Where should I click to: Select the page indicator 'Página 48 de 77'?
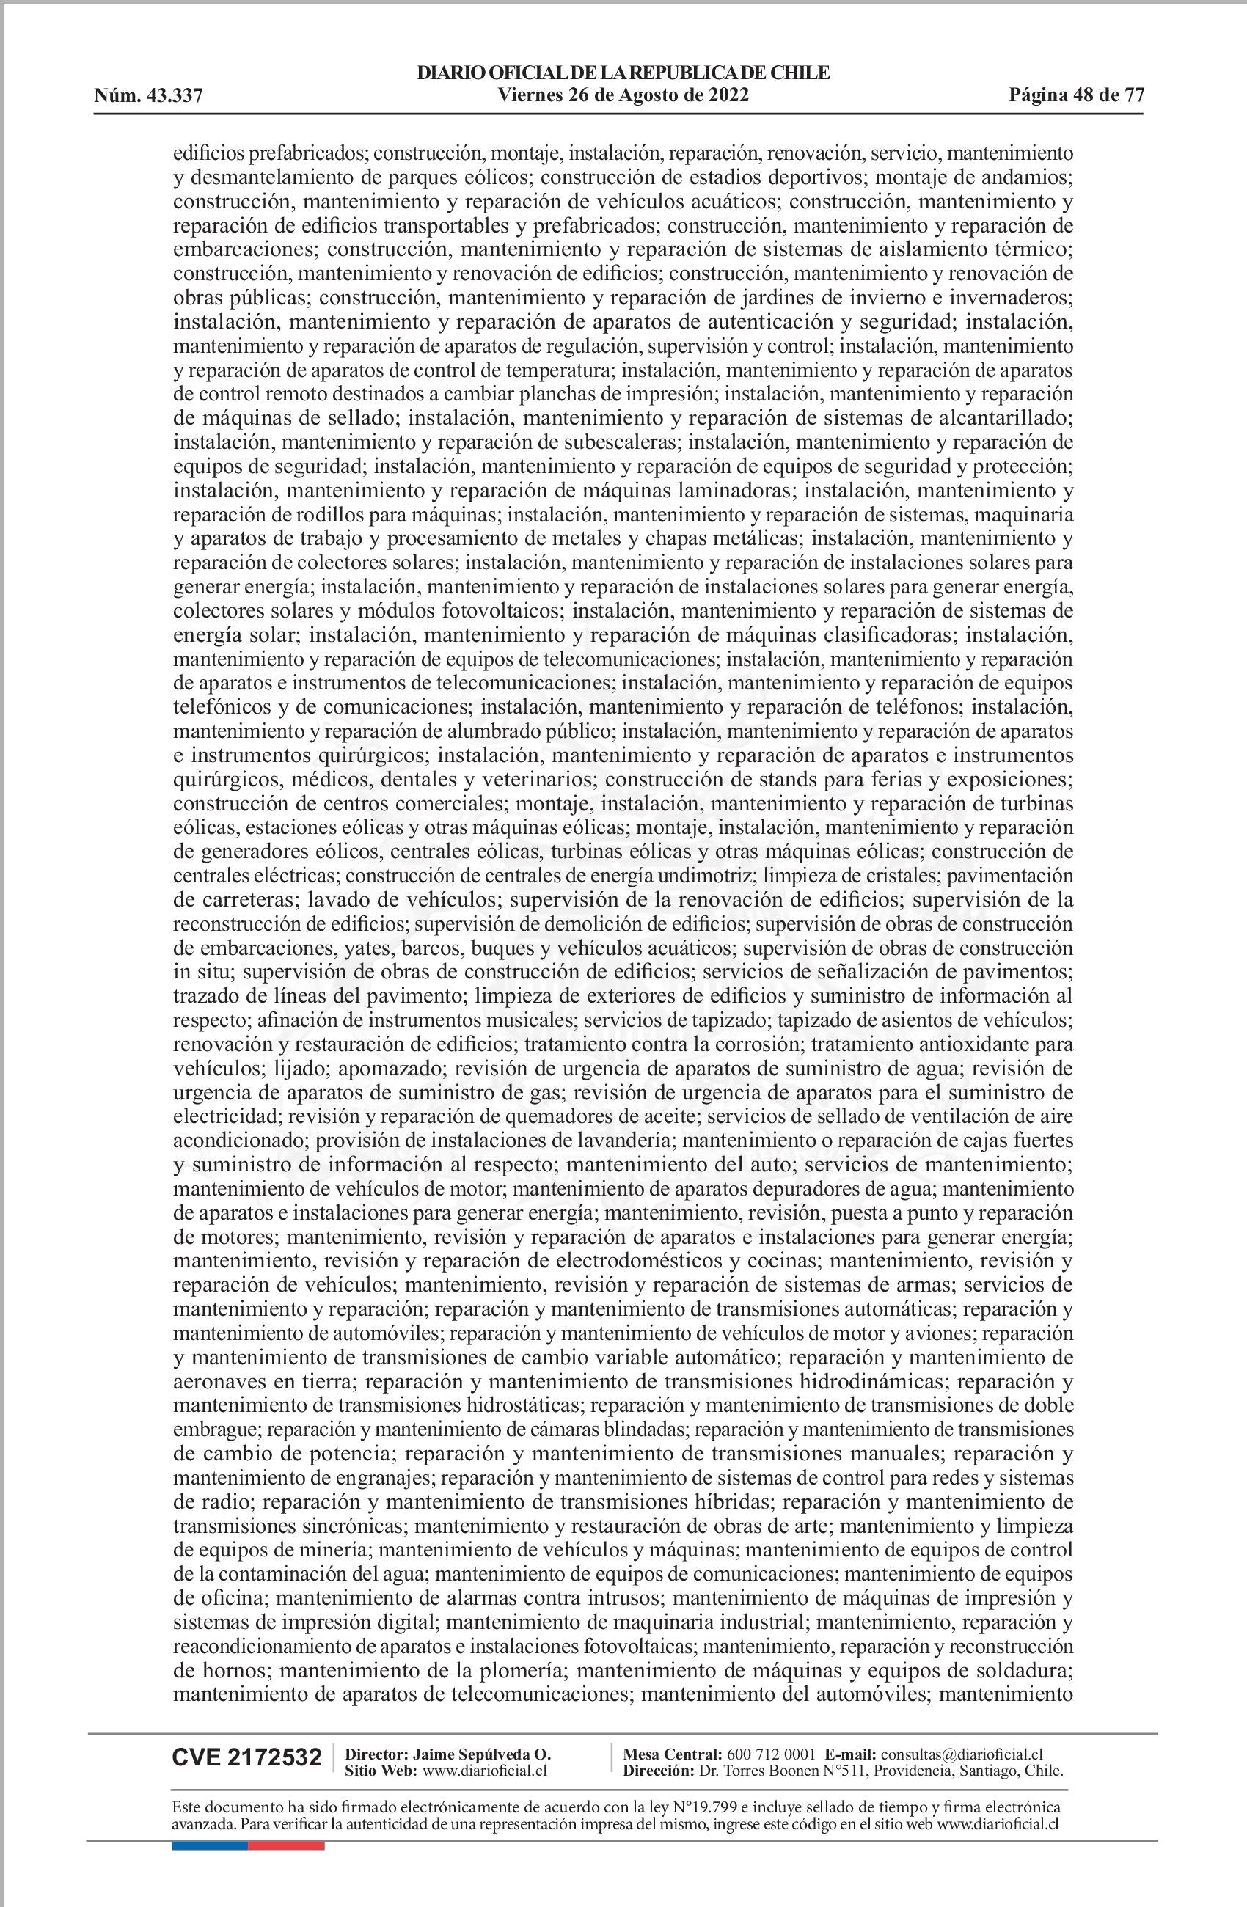(1075, 96)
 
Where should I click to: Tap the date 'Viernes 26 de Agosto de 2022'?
(623, 96)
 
